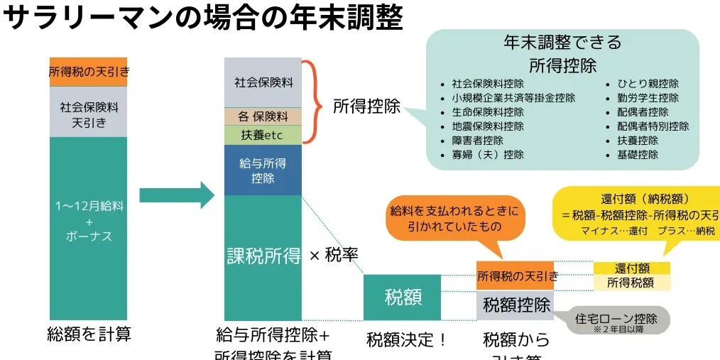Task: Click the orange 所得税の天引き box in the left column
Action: [x=88, y=72]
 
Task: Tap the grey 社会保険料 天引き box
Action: [x=88, y=112]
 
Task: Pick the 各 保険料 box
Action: [x=263, y=116]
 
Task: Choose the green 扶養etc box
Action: [x=263, y=135]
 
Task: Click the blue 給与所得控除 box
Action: [x=263, y=170]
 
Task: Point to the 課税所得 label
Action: [x=263, y=256]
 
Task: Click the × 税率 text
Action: [x=333, y=255]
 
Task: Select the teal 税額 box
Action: [x=403, y=298]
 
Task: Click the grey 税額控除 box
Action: [x=516, y=305]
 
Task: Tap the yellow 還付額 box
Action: [x=631, y=268]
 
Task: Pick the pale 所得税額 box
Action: [x=631, y=283]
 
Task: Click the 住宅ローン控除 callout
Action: [x=615, y=320]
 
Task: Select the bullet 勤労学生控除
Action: [x=648, y=98]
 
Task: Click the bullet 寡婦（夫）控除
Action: [x=487, y=155]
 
